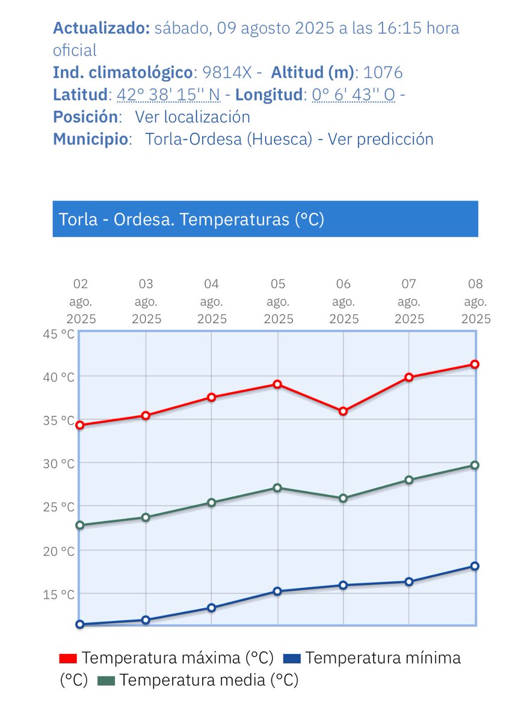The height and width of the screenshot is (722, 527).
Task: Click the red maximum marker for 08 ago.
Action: click(x=475, y=364)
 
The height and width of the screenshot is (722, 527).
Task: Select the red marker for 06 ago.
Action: click(x=343, y=412)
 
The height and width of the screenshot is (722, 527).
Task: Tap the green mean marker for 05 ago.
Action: click(x=277, y=488)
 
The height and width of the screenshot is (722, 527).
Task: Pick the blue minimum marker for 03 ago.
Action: click(x=146, y=620)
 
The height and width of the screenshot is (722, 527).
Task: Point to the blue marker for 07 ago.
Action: click(x=409, y=582)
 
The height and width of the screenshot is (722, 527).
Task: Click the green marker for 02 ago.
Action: click(x=80, y=525)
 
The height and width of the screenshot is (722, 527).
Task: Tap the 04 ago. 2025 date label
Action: click(x=211, y=301)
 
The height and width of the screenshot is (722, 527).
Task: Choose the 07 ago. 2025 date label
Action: click(x=409, y=301)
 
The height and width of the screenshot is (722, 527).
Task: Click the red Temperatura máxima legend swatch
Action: click(x=69, y=659)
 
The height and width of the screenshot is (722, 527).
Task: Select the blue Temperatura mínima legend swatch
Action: click(x=292, y=659)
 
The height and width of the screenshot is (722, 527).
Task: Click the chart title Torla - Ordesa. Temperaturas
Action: click(x=191, y=220)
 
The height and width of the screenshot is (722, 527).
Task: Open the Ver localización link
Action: click(x=192, y=117)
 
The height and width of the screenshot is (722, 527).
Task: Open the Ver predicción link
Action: click(x=380, y=139)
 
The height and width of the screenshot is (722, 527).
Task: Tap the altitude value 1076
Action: click(x=383, y=73)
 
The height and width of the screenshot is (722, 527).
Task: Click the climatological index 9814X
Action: click(x=227, y=73)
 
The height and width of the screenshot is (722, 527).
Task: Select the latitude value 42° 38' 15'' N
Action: click(x=168, y=95)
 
